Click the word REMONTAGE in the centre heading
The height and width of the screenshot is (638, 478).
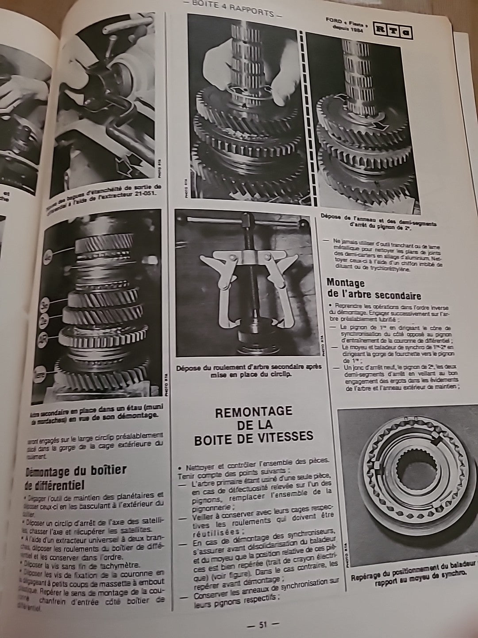pyautogui.click(x=253, y=412)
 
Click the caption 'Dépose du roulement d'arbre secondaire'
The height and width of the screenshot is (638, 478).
pyautogui.click(x=249, y=371)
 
